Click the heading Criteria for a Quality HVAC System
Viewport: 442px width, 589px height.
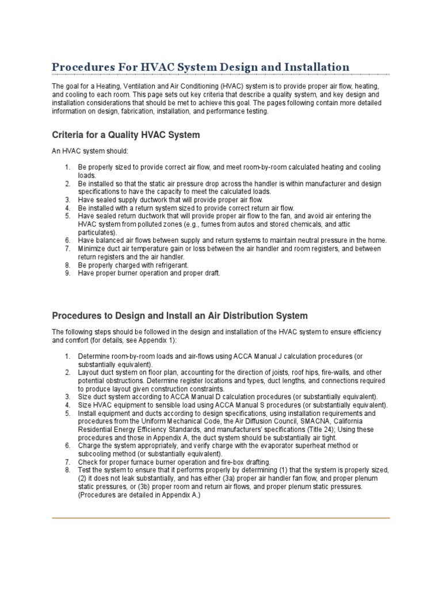click(126, 135)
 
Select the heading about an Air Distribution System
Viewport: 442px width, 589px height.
click(180, 316)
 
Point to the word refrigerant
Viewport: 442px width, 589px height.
click(172, 265)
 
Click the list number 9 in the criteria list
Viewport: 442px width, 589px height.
click(67, 273)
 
